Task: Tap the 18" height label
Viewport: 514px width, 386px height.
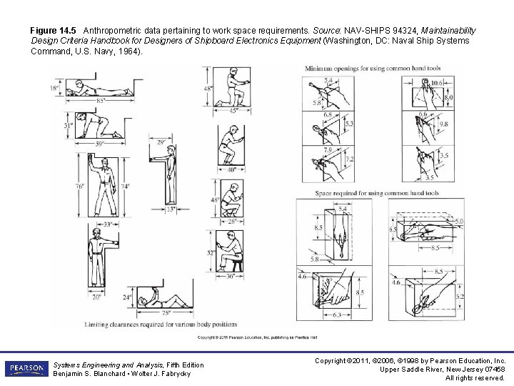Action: (54, 89)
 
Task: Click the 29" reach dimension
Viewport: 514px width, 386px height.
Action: (161, 143)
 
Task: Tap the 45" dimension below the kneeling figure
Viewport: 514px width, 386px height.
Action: (234, 110)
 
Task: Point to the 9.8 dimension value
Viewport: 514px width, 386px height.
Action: (443, 123)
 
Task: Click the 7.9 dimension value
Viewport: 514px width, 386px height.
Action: (328, 150)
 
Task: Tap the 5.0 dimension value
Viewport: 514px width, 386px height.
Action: (459, 222)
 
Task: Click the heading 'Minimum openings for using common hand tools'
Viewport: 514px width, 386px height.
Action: (373, 69)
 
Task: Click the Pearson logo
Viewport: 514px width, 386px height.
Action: (25, 369)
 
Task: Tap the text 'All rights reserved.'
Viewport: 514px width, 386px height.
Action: (475, 377)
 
